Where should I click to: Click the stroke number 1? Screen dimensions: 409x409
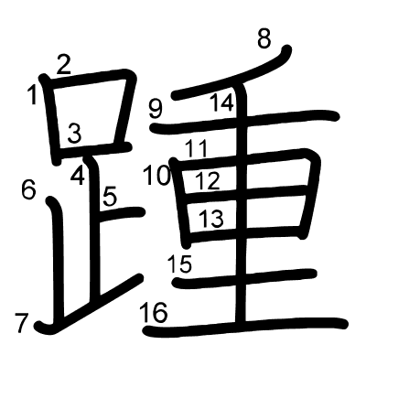(32, 94)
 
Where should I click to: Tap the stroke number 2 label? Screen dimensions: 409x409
(63, 65)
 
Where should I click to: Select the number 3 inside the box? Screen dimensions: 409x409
(74, 133)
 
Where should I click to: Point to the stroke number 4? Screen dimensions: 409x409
(78, 176)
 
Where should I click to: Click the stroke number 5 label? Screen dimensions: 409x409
(110, 196)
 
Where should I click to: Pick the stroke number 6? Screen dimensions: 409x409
(28, 190)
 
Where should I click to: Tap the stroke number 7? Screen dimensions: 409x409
(22, 323)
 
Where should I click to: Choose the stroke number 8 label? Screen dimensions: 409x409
(264, 38)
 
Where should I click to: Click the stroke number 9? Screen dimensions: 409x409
(156, 109)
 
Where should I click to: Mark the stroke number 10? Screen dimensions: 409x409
(156, 175)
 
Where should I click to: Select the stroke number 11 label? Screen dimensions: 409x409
(197, 148)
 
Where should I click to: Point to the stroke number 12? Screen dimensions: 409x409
(208, 180)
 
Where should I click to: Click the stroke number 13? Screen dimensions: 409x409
(211, 219)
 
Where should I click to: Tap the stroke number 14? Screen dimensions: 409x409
(222, 102)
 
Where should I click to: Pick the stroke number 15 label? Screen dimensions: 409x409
(180, 264)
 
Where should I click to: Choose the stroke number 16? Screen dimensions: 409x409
(154, 313)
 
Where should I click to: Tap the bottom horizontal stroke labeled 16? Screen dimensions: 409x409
(245, 327)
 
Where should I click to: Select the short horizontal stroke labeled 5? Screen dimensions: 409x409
(122, 213)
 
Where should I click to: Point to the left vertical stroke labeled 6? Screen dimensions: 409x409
(58, 259)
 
